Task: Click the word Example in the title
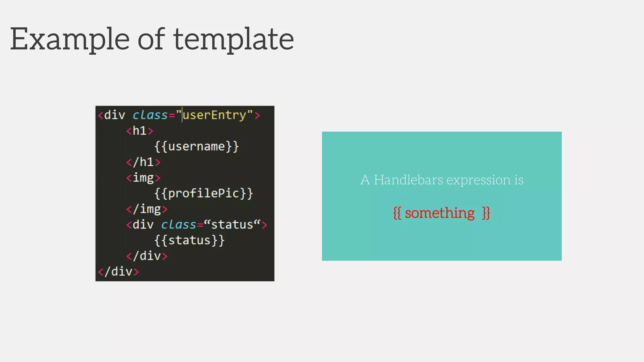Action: click(x=70, y=39)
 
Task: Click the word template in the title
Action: click(x=234, y=39)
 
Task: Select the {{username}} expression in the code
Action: click(x=197, y=146)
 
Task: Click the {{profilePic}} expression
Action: click(x=203, y=193)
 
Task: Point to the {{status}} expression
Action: click(x=189, y=240)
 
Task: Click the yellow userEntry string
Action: click(x=214, y=115)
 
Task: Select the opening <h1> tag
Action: click(x=140, y=131)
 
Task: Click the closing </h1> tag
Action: click(x=143, y=162)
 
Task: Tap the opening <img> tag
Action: click(x=143, y=178)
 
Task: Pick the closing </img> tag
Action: click(x=147, y=209)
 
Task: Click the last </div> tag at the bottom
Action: click(x=118, y=271)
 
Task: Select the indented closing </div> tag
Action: click(x=147, y=256)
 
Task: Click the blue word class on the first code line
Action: click(x=150, y=115)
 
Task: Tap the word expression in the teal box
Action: click(x=478, y=180)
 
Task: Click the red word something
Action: click(x=440, y=213)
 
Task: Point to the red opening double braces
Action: click(x=397, y=213)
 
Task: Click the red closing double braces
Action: click(x=486, y=213)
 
